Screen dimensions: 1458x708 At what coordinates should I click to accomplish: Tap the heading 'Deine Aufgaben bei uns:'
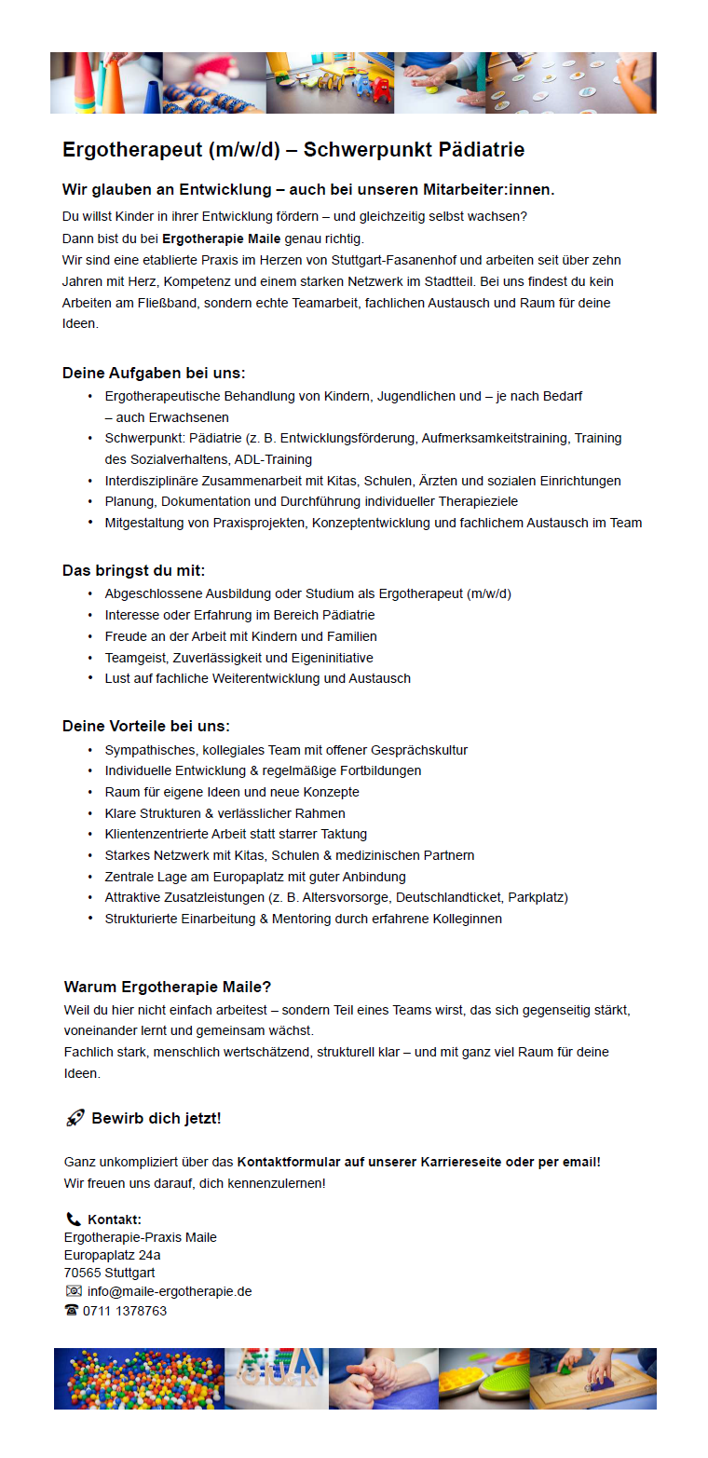pyautogui.click(x=154, y=374)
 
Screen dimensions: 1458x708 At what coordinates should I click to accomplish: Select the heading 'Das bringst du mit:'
pyautogui.click(x=133, y=570)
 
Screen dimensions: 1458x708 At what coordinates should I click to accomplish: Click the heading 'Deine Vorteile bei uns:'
pyautogui.click(x=145, y=726)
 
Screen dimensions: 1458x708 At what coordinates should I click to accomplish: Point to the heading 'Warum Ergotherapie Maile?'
pyautogui.click(x=168, y=987)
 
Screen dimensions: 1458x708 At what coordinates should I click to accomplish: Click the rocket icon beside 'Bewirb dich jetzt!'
pyautogui.click(x=75, y=1118)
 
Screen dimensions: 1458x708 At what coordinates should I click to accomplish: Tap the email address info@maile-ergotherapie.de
pyautogui.click(x=170, y=1291)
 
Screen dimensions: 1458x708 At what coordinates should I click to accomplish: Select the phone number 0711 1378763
pyautogui.click(x=125, y=1311)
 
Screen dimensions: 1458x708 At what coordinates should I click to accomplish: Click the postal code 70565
pyautogui.click(x=82, y=1273)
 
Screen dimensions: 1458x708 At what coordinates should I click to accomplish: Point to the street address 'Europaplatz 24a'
pyautogui.click(x=112, y=1255)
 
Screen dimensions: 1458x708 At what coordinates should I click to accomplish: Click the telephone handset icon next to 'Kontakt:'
pyautogui.click(x=74, y=1220)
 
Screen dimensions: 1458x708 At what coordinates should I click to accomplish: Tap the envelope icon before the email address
pyautogui.click(x=74, y=1291)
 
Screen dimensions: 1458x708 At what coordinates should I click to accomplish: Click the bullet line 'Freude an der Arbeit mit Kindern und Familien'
pyautogui.click(x=240, y=636)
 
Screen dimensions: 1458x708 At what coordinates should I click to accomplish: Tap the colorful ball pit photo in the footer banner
pyautogui.click(x=139, y=1378)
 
